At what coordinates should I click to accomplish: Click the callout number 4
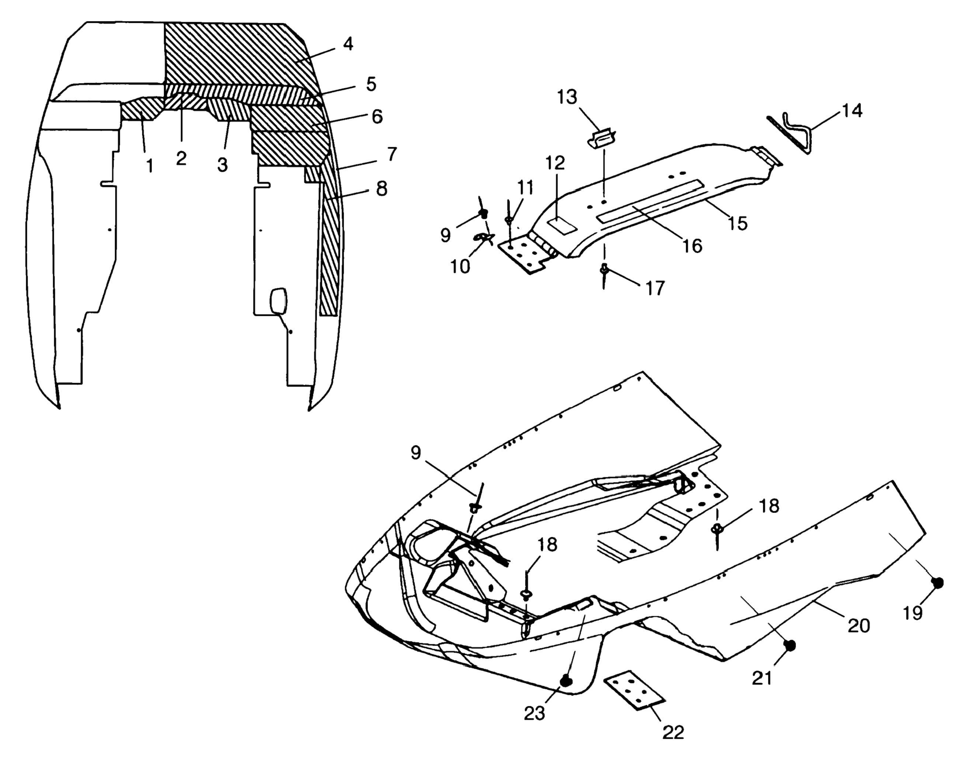click(x=348, y=44)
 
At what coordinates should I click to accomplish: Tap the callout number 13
click(x=567, y=97)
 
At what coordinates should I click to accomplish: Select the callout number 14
click(x=852, y=110)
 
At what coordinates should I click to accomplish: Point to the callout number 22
click(x=673, y=732)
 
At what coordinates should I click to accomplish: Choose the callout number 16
click(x=692, y=246)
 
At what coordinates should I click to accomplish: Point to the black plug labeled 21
click(x=790, y=645)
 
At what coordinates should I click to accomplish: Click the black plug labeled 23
click(x=566, y=680)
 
